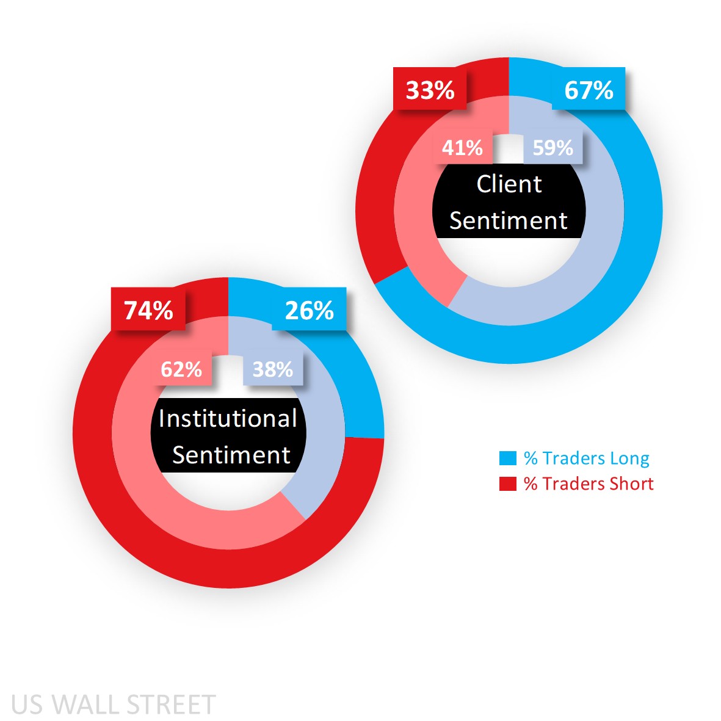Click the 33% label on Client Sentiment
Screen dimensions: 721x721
[x=430, y=90]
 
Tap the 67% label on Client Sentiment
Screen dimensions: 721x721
[x=589, y=90]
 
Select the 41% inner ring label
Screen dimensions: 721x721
[x=462, y=148]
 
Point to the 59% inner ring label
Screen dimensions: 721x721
[x=553, y=148]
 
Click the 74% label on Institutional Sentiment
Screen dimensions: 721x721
[x=148, y=311]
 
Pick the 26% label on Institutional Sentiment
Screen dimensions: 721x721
[x=309, y=311]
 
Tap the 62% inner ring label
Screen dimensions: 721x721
[x=181, y=369]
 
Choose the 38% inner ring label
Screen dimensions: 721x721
[x=272, y=369]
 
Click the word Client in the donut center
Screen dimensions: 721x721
[x=509, y=184]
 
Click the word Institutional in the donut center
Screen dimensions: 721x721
[x=228, y=419]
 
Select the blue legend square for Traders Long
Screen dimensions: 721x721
[x=508, y=458]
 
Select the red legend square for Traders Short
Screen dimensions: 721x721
[x=508, y=484]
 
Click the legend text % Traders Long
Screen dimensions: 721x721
[x=586, y=458]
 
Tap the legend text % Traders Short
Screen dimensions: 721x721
[x=589, y=484]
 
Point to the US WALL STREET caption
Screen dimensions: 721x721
[x=114, y=705]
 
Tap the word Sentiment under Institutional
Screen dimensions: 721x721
[x=231, y=455]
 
